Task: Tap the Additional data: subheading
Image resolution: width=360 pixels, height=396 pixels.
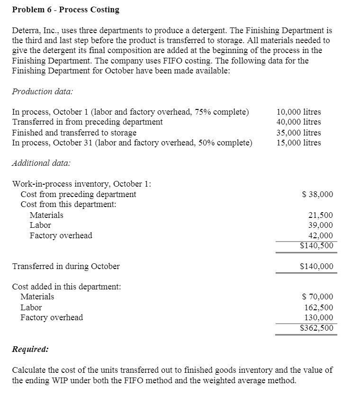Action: [41, 162]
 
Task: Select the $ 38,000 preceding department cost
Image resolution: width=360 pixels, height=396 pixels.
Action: [317, 194]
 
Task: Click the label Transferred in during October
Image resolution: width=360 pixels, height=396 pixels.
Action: [66, 266]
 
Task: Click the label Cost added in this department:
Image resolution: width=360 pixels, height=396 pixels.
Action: [66, 287]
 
